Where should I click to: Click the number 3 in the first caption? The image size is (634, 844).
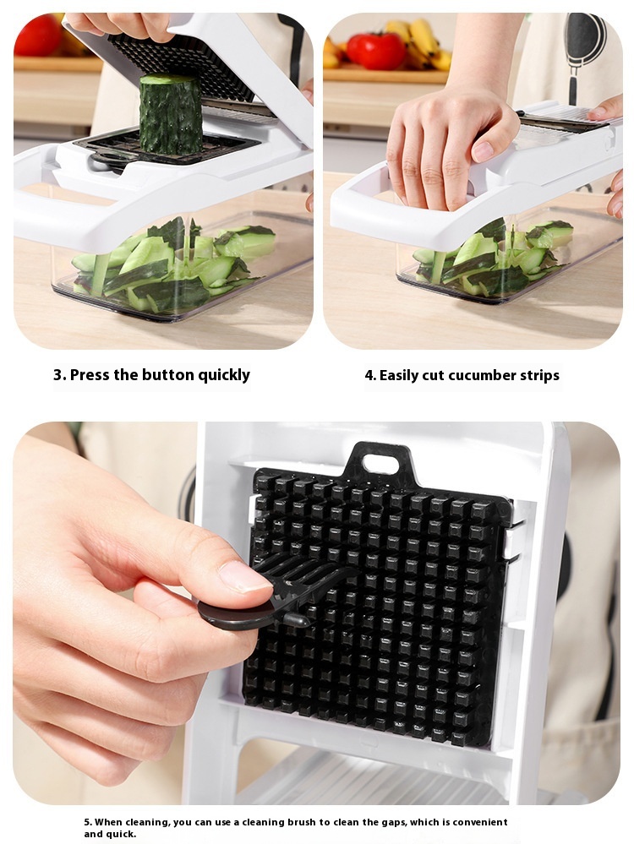[x=58, y=374]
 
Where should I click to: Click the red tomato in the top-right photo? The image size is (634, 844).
[x=376, y=51]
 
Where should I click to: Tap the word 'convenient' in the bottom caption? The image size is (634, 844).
[x=480, y=822]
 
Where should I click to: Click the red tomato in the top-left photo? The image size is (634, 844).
[x=37, y=35]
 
